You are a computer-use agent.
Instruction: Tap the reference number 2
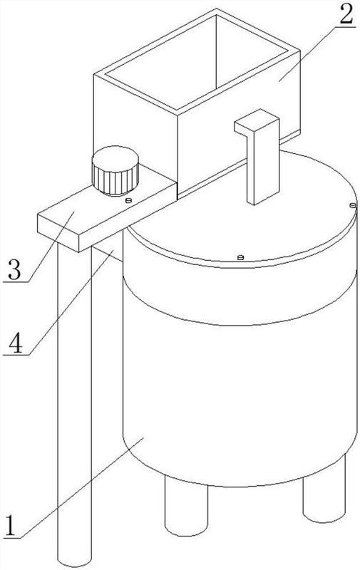pyautogui.click(x=346, y=15)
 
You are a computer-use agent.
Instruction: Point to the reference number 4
pyautogui.click(x=15, y=342)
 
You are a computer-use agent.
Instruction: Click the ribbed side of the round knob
pyautogui.click(x=115, y=179)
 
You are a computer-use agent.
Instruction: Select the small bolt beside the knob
pyautogui.click(x=128, y=200)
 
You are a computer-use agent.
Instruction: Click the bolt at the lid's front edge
pyautogui.click(x=240, y=257)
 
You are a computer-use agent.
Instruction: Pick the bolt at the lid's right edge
pyautogui.click(x=352, y=205)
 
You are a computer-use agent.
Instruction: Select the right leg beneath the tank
pyautogui.click(x=324, y=491)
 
